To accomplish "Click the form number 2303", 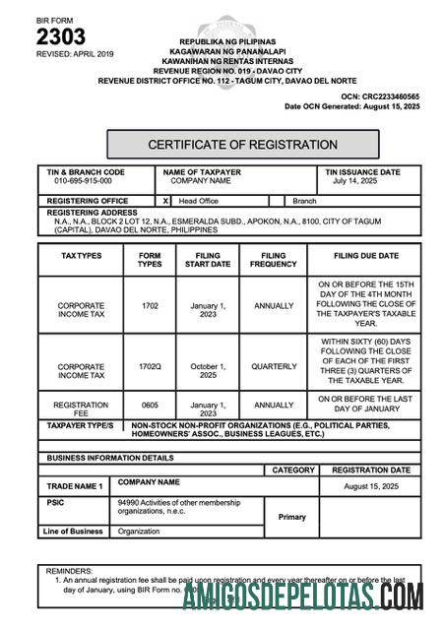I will (60, 37).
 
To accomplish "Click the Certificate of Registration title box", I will (242, 145).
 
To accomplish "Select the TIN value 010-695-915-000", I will (83, 181).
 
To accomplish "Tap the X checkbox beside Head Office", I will (165, 200).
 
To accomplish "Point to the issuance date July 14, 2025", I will (355, 181).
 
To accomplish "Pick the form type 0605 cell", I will (150, 405).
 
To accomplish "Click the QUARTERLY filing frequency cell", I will (274, 366).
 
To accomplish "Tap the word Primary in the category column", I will (292, 517).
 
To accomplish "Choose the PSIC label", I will (56, 503).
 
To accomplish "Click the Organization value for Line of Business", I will (139, 532).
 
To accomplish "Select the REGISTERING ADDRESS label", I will (92, 212).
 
